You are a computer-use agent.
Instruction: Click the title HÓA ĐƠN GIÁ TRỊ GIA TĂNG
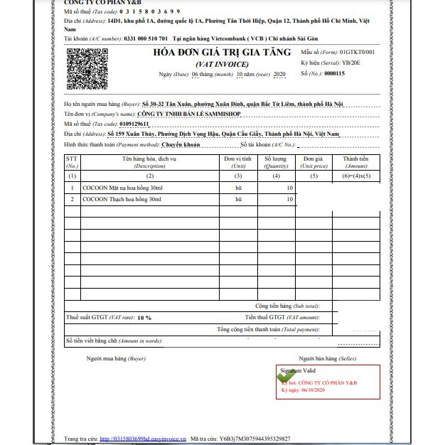[222, 53]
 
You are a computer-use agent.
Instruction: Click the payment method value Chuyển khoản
[181, 144]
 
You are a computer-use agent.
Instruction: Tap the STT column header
[72, 161]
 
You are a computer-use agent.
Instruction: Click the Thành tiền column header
[355, 161]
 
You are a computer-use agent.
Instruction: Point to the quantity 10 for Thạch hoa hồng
[289, 200]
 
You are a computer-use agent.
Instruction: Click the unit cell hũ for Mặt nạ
[238, 188]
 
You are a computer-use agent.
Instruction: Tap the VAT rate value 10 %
[144, 318]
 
